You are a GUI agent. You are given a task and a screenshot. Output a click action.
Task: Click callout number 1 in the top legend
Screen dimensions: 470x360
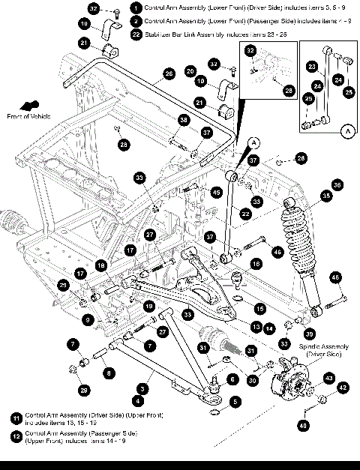(x=134, y=7)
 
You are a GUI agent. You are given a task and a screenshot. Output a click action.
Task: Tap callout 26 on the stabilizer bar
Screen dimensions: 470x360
(x=169, y=73)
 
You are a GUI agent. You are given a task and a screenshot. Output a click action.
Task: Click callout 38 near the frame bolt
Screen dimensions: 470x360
(x=183, y=120)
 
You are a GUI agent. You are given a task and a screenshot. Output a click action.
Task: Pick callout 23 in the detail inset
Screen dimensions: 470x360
(x=311, y=66)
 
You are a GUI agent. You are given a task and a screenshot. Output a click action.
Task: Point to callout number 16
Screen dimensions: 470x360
(x=256, y=264)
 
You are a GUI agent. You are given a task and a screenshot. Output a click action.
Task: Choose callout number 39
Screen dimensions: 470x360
(x=308, y=333)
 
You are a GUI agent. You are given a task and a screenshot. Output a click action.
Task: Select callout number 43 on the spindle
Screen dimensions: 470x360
(x=328, y=378)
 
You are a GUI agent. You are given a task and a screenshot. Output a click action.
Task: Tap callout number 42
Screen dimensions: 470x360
(x=343, y=388)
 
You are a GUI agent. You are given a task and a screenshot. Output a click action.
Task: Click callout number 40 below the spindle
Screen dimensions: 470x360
(x=303, y=425)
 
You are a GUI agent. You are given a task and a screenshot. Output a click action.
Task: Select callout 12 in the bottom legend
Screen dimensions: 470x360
(x=16, y=436)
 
